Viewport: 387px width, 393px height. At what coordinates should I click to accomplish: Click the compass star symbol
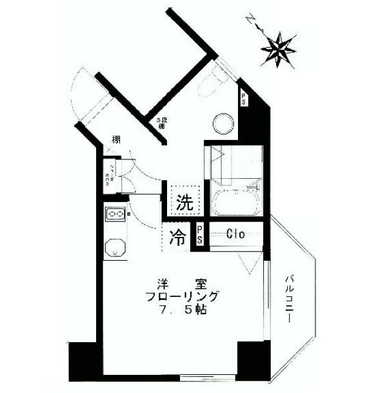(279, 48)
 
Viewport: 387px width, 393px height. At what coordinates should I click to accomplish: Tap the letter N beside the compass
(248, 21)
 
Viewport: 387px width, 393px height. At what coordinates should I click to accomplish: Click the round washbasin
(223, 121)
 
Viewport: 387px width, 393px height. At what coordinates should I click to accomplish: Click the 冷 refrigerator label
(177, 237)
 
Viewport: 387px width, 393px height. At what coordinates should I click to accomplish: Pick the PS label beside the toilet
(244, 98)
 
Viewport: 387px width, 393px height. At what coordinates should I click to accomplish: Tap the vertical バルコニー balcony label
(290, 299)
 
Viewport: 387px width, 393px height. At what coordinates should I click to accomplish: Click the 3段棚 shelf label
(159, 123)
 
